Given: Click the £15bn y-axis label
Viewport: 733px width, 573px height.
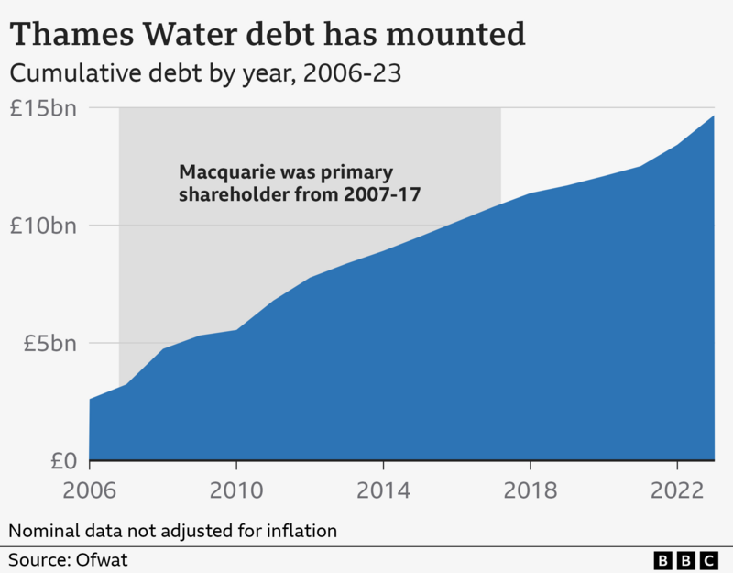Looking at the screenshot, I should [x=44, y=108].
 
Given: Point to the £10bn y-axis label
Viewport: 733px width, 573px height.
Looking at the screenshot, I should [x=44, y=226].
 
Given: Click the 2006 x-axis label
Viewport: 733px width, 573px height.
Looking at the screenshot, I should [x=90, y=490].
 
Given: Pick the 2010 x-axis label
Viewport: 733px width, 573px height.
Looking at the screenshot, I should [x=236, y=490].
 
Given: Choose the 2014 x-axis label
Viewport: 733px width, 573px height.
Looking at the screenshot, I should [x=383, y=490].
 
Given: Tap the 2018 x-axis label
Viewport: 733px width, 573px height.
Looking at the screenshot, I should [x=530, y=490].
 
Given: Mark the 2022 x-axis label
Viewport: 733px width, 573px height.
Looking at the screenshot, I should [x=676, y=490].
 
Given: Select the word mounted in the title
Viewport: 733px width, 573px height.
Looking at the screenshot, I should [x=462, y=35].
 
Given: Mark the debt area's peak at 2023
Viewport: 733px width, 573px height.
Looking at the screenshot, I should [x=713, y=116].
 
